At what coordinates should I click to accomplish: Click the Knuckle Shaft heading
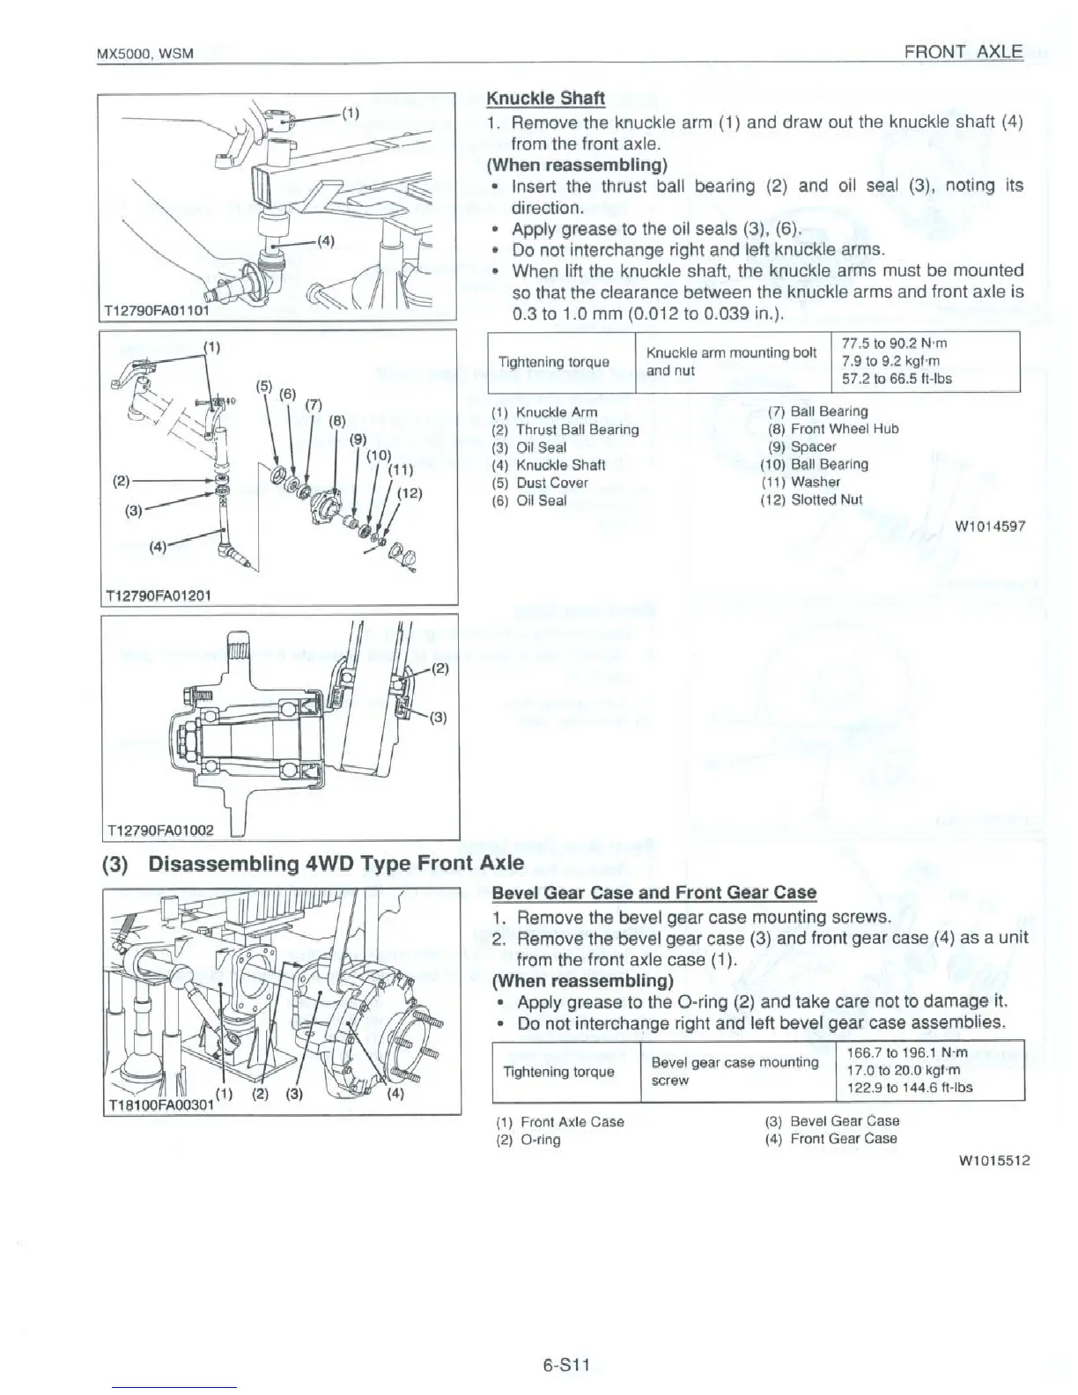click(x=546, y=98)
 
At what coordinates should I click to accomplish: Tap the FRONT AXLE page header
click(x=964, y=51)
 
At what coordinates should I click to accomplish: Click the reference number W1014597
click(x=990, y=528)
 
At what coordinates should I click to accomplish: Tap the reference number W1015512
click(x=993, y=1160)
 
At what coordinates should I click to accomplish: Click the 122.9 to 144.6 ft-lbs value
click(x=909, y=1088)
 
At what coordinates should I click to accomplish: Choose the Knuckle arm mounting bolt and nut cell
click(x=732, y=361)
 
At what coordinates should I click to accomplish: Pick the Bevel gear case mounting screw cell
click(x=735, y=1071)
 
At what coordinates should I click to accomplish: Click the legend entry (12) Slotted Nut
click(x=811, y=499)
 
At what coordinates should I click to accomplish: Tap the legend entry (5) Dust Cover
click(x=540, y=483)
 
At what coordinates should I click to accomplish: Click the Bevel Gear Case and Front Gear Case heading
click(x=653, y=892)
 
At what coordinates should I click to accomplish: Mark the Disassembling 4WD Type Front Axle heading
click(x=314, y=863)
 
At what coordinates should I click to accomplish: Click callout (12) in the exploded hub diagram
click(x=410, y=493)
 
